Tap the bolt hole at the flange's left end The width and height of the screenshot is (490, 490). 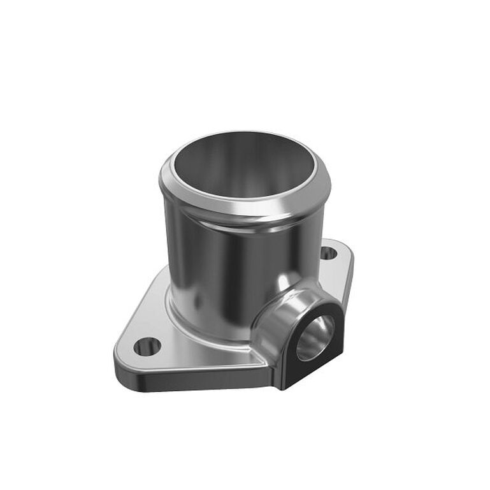coord(147,347)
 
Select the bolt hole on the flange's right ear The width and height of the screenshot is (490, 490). coord(328,253)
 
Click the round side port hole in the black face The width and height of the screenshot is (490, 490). coord(315,337)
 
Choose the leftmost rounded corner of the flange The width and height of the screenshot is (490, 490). coord(119,357)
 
